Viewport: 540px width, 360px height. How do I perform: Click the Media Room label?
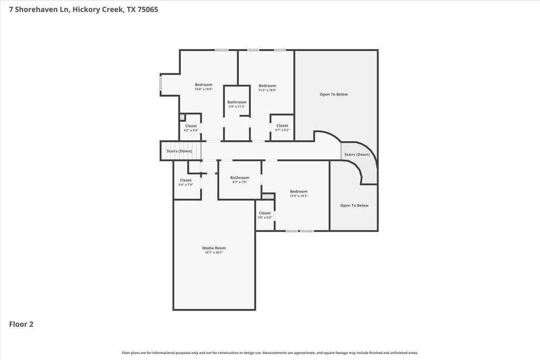pos(214,248)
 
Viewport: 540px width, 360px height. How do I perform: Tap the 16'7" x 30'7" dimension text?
pos(214,252)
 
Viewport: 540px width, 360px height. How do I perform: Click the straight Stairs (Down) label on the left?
pos(179,151)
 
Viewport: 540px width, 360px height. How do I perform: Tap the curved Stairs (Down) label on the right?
pos(357,154)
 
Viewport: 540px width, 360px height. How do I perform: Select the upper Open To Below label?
pos(334,94)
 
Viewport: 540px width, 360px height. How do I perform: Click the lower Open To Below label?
pos(354,206)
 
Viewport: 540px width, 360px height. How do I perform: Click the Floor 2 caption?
pos(21,324)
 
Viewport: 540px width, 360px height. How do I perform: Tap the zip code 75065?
pos(148,9)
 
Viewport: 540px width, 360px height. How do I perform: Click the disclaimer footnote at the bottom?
pos(270,353)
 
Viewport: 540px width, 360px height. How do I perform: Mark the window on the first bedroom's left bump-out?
pos(160,84)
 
